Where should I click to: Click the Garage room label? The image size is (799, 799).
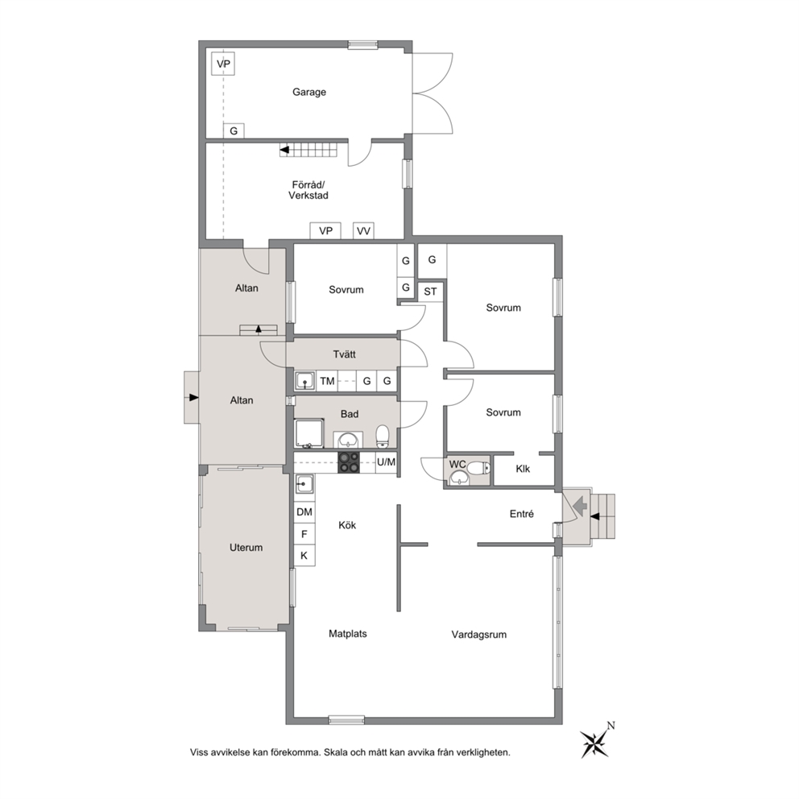point(308,93)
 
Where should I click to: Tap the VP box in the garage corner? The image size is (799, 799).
point(223,64)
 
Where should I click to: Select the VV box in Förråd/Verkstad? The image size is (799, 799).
point(363,231)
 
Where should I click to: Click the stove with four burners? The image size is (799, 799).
point(349,462)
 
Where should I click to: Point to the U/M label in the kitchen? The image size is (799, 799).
point(386,462)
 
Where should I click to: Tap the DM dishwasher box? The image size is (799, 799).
point(304,512)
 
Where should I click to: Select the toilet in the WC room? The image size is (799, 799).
point(478,468)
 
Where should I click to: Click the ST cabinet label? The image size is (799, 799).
point(430,292)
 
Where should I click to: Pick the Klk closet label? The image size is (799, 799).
point(523,469)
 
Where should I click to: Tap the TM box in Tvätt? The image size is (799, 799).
point(327,381)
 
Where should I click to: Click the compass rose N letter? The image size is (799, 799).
point(611,726)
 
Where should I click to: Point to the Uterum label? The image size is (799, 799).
point(246,548)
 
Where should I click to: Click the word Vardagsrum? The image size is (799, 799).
point(479,635)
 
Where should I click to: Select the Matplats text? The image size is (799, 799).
point(347,634)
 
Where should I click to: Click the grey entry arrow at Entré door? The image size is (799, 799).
point(580,507)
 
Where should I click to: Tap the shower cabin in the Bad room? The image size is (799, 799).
point(308,433)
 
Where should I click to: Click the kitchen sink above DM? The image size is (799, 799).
point(304,483)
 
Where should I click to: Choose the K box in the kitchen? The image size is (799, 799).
point(304,556)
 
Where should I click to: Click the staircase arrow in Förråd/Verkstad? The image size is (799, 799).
point(284,151)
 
